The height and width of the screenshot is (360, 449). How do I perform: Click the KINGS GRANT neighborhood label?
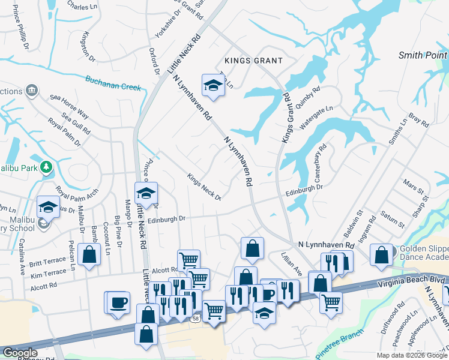[x=253, y=61]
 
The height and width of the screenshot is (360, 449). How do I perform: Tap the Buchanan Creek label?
[x=113, y=83]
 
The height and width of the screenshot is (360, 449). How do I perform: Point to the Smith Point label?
[x=423, y=56]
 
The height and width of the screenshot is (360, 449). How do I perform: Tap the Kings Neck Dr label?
[x=204, y=187]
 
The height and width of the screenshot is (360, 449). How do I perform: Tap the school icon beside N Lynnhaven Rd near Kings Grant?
[x=212, y=86]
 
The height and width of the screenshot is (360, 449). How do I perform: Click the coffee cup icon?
[x=119, y=301]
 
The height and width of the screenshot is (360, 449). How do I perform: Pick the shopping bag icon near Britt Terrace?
[x=89, y=254]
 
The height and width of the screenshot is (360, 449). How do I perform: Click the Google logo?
[x=20, y=353]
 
